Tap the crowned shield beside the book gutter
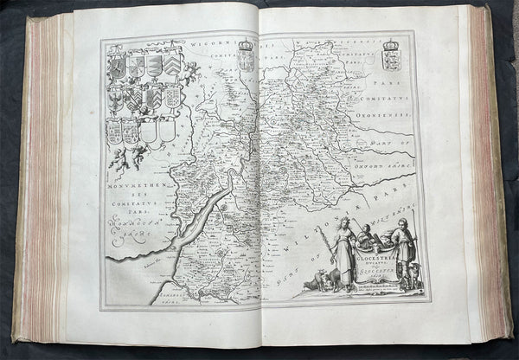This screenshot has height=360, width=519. pos(247,56)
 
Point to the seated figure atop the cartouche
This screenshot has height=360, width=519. pos(369,235)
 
